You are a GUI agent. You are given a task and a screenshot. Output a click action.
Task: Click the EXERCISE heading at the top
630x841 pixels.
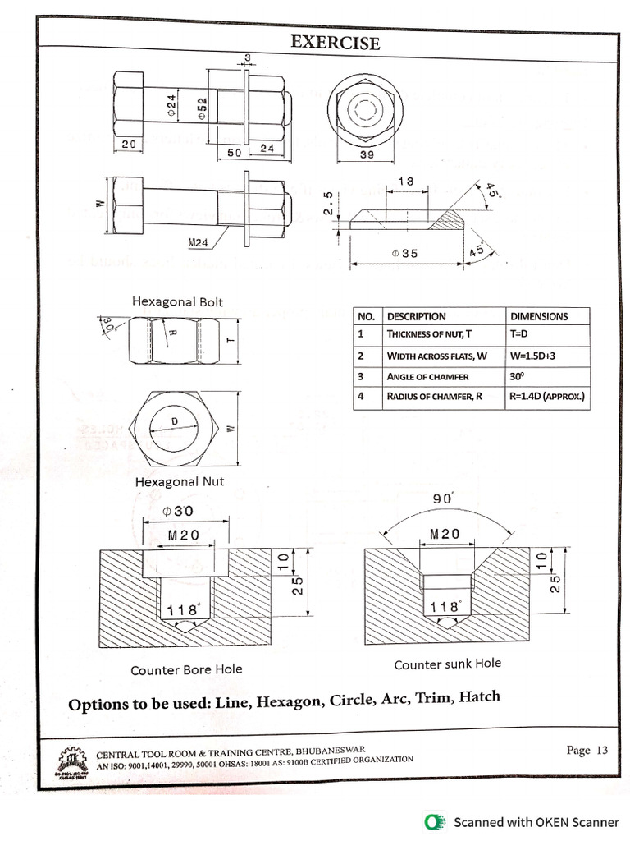coord(335,43)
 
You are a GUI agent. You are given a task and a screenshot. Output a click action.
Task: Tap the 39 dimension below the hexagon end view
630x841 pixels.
coord(367,154)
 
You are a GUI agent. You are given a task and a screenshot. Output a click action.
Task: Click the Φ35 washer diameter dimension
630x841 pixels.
coord(404,254)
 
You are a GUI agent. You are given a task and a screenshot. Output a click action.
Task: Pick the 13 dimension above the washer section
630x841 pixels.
coord(405,181)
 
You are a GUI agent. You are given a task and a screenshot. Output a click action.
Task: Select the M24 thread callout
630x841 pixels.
coord(198,242)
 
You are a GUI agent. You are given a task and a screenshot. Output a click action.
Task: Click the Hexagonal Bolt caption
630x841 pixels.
coord(177,301)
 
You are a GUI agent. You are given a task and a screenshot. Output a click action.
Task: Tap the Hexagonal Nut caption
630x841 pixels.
coord(180,481)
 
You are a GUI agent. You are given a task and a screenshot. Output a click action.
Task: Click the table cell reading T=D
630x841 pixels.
coord(523,334)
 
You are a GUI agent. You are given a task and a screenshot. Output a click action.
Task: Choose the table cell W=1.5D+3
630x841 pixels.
coord(536,356)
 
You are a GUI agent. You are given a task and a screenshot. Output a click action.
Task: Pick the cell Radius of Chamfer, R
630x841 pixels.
coord(431,398)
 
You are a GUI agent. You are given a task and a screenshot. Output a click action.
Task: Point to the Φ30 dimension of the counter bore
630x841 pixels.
coord(178,511)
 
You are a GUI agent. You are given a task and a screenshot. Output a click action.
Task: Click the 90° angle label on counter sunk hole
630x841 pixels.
coord(443,499)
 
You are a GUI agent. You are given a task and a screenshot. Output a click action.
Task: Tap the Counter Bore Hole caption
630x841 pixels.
coord(186,669)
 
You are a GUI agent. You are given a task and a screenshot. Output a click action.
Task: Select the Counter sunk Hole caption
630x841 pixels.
coord(447,664)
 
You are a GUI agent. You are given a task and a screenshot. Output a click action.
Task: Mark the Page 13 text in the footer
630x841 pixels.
coord(587,750)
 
